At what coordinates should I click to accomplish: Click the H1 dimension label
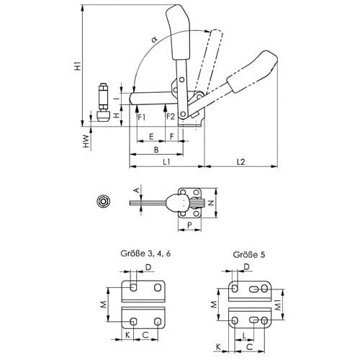click(x=78, y=66)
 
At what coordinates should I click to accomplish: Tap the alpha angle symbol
click(x=155, y=39)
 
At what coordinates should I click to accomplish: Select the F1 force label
click(x=141, y=117)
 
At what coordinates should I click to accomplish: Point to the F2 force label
click(x=171, y=117)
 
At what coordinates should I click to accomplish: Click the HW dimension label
click(x=86, y=141)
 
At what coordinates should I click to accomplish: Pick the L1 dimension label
click(x=166, y=161)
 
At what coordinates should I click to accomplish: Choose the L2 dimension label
click(x=240, y=161)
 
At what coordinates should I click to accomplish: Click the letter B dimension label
click(x=156, y=150)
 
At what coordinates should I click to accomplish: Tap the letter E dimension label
click(x=151, y=137)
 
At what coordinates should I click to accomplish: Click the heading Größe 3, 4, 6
click(x=145, y=253)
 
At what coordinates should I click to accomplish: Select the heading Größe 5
click(x=249, y=254)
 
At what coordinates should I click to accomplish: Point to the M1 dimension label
click(x=278, y=305)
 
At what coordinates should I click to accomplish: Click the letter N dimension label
click(x=211, y=203)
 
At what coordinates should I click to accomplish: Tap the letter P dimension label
click(x=189, y=225)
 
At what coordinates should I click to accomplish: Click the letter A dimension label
click(x=136, y=191)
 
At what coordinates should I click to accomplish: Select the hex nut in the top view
click(x=103, y=202)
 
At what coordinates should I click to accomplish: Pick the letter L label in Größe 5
click(x=244, y=336)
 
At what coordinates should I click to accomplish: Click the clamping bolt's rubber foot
click(x=104, y=116)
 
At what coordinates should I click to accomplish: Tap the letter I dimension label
click(x=117, y=99)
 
